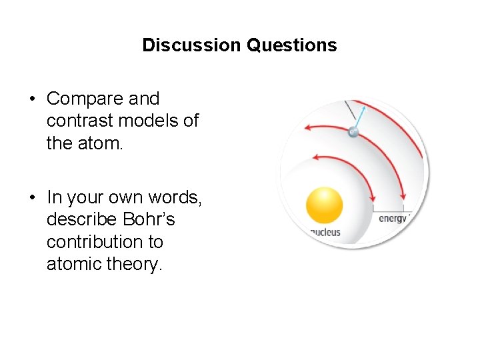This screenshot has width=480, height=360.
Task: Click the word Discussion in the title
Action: point(191,45)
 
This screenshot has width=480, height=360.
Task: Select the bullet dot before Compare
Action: point(33,99)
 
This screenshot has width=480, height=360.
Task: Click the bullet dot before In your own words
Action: point(33,197)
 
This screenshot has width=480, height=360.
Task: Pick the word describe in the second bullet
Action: point(80,219)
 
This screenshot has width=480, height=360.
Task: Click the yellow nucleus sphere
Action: point(324,205)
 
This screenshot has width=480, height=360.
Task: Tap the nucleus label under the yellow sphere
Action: point(325,232)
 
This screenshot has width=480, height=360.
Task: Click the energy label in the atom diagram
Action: point(393,218)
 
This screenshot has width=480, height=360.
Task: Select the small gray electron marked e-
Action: point(353,132)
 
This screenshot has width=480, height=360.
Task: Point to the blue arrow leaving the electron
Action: point(359,117)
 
